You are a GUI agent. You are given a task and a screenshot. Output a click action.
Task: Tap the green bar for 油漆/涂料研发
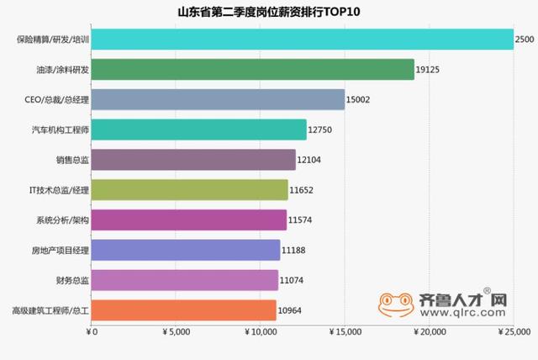[252, 70]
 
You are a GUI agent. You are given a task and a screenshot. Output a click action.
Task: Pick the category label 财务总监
[71, 281]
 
